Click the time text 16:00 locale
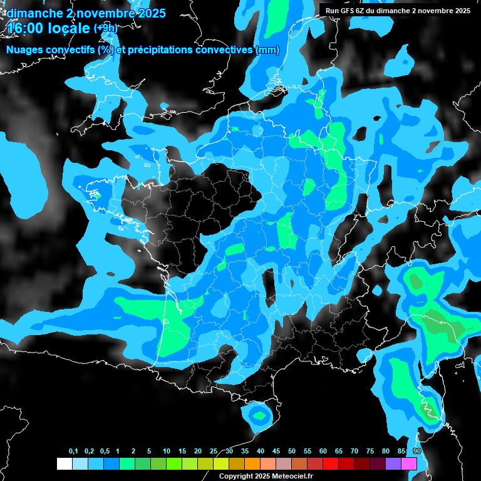point(49,28)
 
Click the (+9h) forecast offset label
point(105,28)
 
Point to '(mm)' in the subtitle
point(267,50)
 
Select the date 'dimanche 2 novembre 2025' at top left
point(86,13)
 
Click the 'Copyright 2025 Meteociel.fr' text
point(266,476)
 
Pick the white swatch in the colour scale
point(64,464)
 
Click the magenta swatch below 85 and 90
point(409,464)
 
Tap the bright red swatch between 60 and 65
point(331,464)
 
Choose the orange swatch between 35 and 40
point(252,464)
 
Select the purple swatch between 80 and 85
point(393,464)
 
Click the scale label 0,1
point(73,452)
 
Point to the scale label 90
point(417,452)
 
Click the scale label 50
point(292,452)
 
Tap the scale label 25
point(214,452)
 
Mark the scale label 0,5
point(104,452)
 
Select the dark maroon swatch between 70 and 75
point(362,464)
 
